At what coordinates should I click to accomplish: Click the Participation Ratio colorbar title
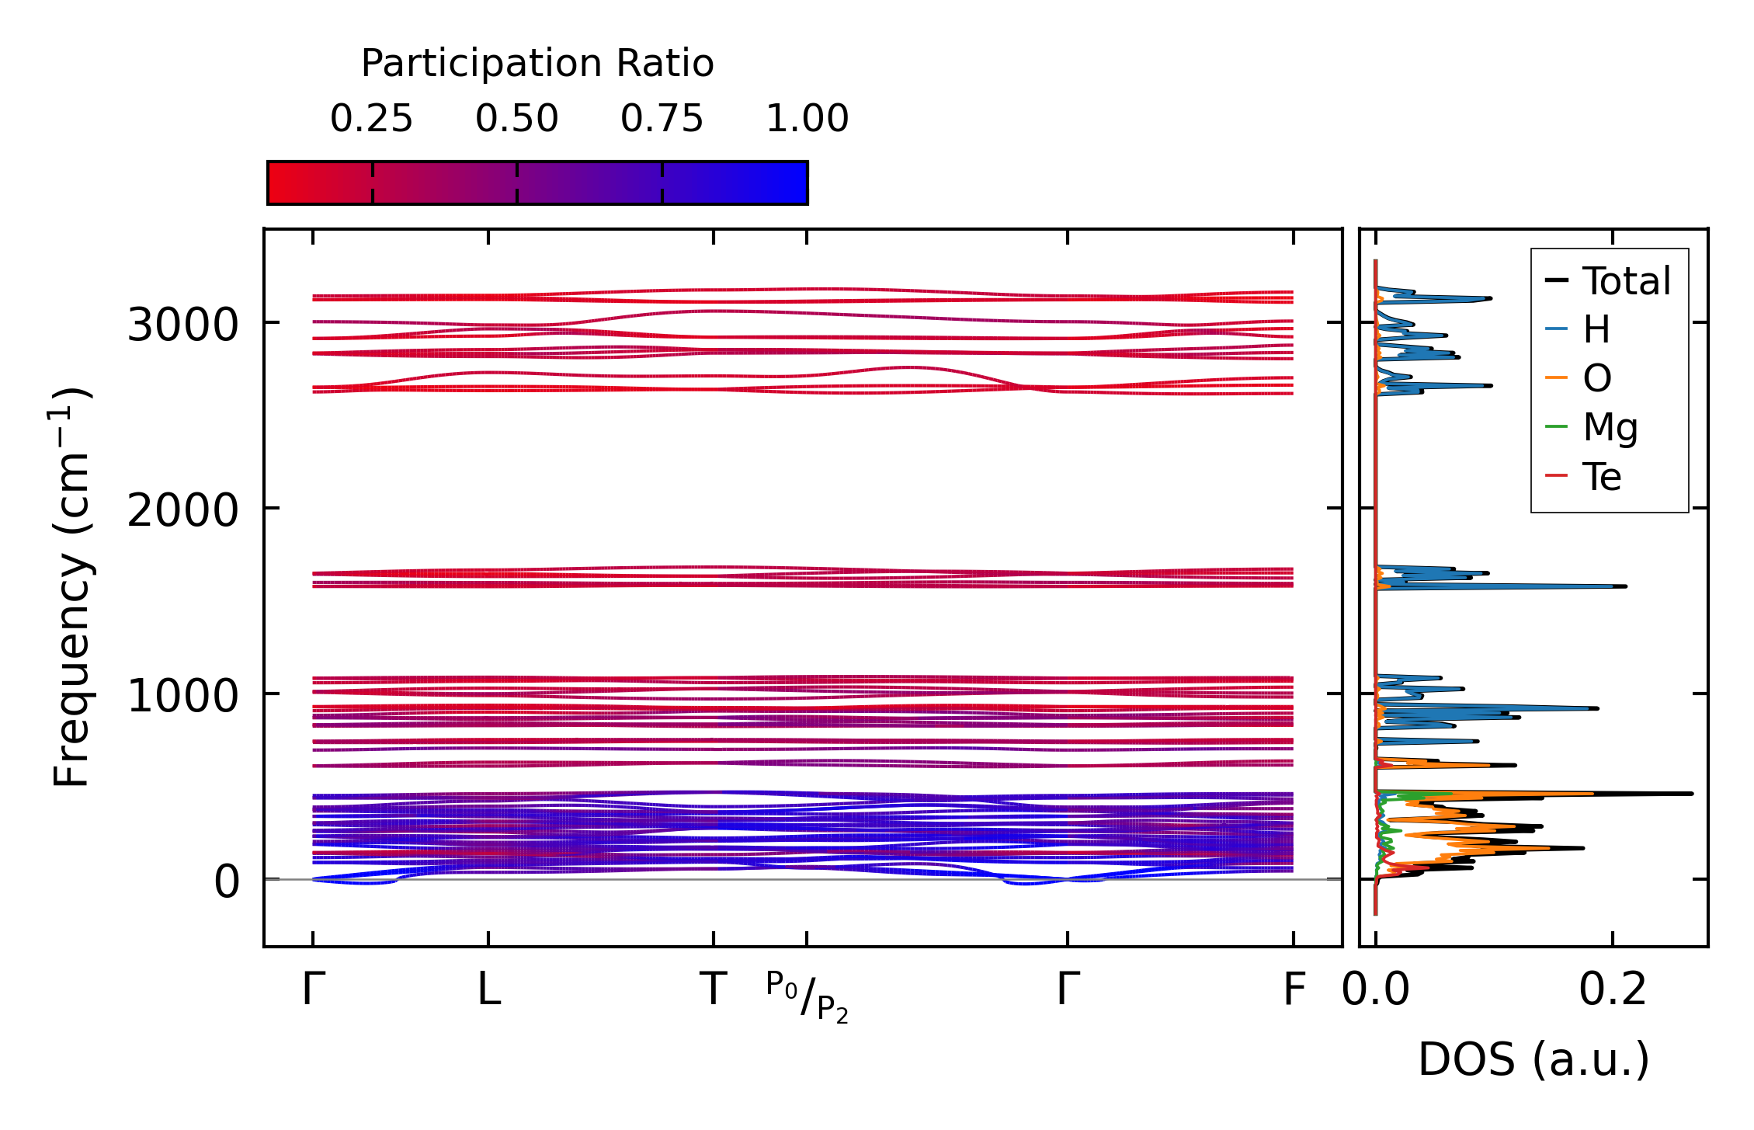[537, 64]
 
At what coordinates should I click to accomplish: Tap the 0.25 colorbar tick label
[371, 119]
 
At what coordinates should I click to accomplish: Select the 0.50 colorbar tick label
[516, 119]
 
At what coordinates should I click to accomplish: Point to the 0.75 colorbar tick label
[662, 119]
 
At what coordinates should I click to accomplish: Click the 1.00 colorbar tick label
[807, 119]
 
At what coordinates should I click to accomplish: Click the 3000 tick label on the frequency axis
[182, 325]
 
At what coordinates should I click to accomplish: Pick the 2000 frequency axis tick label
[182, 510]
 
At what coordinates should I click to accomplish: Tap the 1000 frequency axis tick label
[182, 695]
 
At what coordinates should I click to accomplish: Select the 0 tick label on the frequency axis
[227, 881]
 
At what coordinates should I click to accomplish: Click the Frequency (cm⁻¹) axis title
[72, 587]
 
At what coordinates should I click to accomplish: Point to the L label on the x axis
[488, 990]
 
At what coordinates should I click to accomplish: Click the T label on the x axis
[714, 990]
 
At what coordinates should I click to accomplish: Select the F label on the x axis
[1294, 990]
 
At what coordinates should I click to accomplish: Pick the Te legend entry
[1602, 476]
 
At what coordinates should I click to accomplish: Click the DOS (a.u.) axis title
[1533, 1059]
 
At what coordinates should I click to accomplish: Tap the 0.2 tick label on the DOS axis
[1612, 990]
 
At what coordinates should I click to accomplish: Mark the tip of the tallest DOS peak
[1692, 794]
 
